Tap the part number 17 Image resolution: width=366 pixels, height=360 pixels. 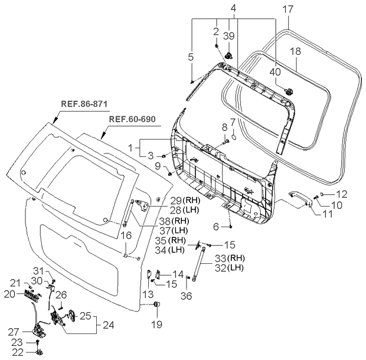coord(287,9)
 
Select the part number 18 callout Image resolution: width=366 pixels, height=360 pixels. coord(295,52)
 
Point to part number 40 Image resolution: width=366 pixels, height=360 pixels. coord(276,72)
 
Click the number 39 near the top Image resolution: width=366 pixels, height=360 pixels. coord(230,36)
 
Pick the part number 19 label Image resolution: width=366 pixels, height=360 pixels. coord(156,324)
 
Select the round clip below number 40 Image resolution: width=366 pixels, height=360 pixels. coord(290,90)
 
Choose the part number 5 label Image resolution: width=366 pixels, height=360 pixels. coord(191,57)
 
